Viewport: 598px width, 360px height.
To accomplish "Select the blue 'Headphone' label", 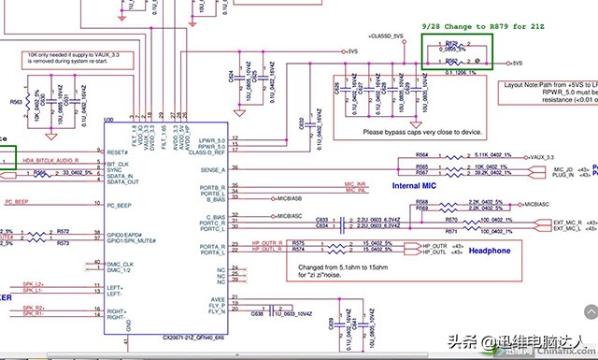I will (x=490, y=251).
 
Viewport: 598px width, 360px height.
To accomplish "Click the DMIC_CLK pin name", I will (x=121, y=264).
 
